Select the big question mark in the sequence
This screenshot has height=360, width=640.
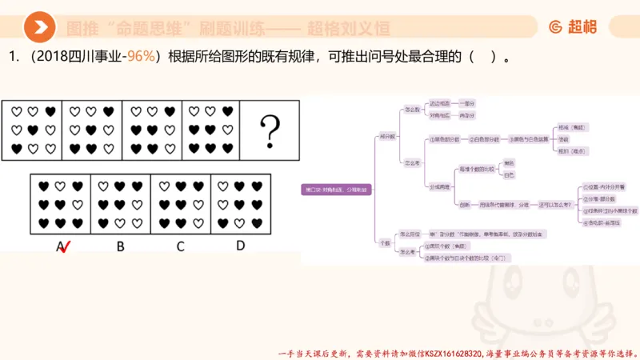coord(272,128)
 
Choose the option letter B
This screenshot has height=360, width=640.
coord(120,246)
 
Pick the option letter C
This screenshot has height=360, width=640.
coord(181,246)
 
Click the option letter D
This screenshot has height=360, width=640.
coord(240,246)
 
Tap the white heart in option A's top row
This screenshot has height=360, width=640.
coord(60,186)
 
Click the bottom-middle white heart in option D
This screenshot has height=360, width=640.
coord(240,222)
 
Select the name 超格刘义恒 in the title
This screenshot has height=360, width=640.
coord(351,29)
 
